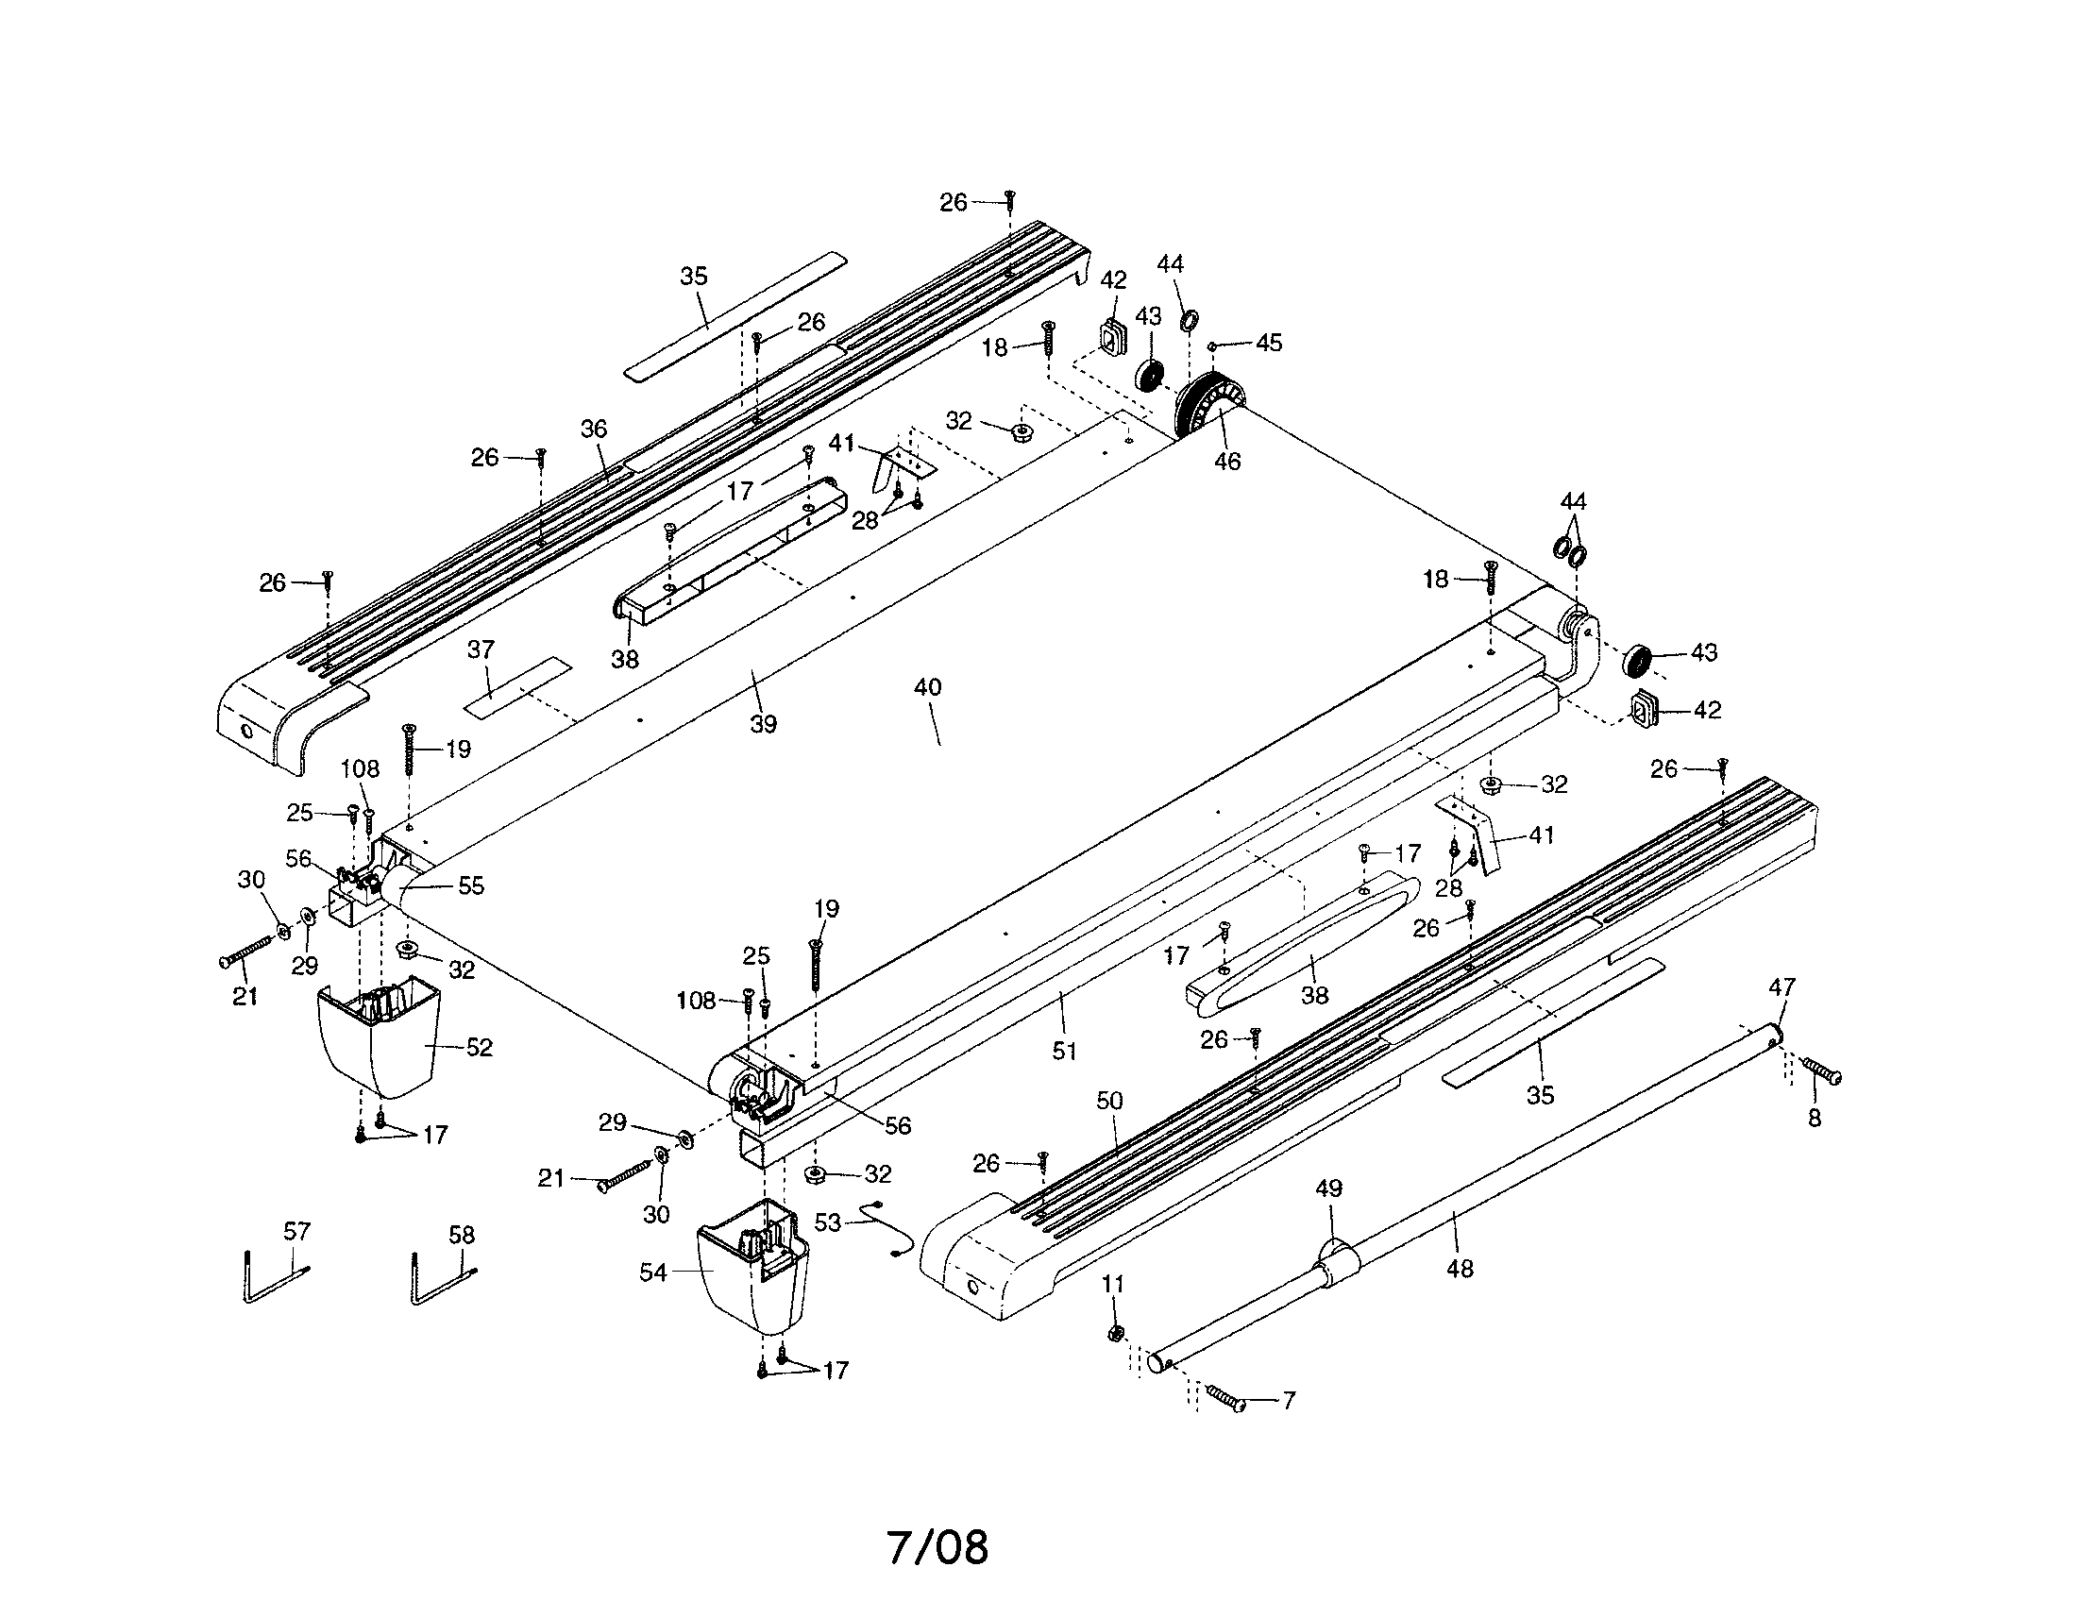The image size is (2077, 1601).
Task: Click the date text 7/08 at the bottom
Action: click(x=937, y=1548)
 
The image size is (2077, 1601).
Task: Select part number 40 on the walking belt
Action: click(x=927, y=687)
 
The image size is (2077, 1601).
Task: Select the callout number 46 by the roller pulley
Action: click(x=1227, y=461)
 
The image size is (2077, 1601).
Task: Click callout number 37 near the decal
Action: click(x=481, y=650)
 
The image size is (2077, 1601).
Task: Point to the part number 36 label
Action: click(x=594, y=429)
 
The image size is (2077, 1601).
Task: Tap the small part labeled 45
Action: click(x=1213, y=345)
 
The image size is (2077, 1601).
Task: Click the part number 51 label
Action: click(x=1064, y=1051)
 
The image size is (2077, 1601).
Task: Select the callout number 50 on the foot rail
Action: click(x=1109, y=1101)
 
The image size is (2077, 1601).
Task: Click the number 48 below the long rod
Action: click(x=1460, y=1269)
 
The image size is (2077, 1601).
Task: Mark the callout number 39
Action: click(x=763, y=724)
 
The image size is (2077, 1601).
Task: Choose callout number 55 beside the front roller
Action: click(x=471, y=886)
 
